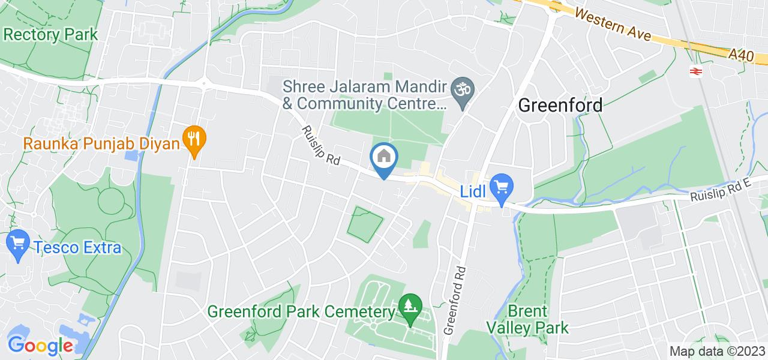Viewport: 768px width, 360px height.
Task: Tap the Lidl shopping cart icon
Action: pyautogui.click(x=500, y=186)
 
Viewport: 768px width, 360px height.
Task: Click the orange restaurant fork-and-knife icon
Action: pyautogui.click(x=194, y=139)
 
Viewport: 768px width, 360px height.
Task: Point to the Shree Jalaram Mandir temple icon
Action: pyautogui.click(x=463, y=91)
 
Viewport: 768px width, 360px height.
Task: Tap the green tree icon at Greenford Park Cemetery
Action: pyautogui.click(x=410, y=306)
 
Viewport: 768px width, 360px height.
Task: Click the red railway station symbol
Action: pyautogui.click(x=696, y=71)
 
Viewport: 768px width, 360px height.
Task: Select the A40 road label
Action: pyautogui.click(x=741, y=56)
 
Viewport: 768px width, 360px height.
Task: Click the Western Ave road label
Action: pyautogui.click(x=611, y=23)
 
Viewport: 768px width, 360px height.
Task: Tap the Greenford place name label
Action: pyautogui.click(x=560, y=106)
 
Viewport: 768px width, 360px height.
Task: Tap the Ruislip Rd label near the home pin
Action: pyautogui.click(x=320, y=146)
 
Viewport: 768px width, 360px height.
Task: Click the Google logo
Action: pyautogui.click(x=40, y=346)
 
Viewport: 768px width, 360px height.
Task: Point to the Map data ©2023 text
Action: pyautogui.click(x=717, y=352)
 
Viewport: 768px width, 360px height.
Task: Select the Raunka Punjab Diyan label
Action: pyautogui.click(x=102, y=144)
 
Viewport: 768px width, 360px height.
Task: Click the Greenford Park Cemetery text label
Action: pyautogui.click(x=301, y=312)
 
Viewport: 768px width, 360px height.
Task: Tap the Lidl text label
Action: pyautogui.click(x=473, y=191)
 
